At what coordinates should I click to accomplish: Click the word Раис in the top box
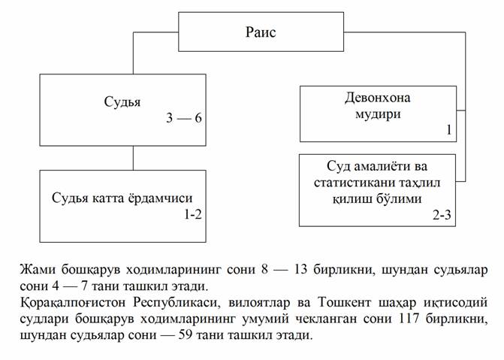pos(261,32)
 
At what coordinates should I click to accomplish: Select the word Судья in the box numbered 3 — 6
pos(122,102)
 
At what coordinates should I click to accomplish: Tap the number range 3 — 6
pos(184,118)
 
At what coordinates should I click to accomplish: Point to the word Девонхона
pos(378,98)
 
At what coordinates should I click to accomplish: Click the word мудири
pos(378,114)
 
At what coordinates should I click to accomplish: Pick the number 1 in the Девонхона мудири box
pos(449,130)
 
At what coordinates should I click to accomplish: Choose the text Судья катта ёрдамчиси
pos(122,198)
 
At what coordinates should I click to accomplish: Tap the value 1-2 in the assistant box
pos(193,214)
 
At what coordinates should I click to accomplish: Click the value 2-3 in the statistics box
pos(442,215)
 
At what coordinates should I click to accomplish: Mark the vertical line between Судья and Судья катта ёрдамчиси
pos(134,158)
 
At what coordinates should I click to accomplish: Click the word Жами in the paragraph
pos(38,269)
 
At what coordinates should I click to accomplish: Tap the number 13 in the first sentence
pos(301,269)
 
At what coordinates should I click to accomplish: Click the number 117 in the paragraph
pos(409,319)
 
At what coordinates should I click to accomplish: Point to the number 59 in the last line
pos(185,335)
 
